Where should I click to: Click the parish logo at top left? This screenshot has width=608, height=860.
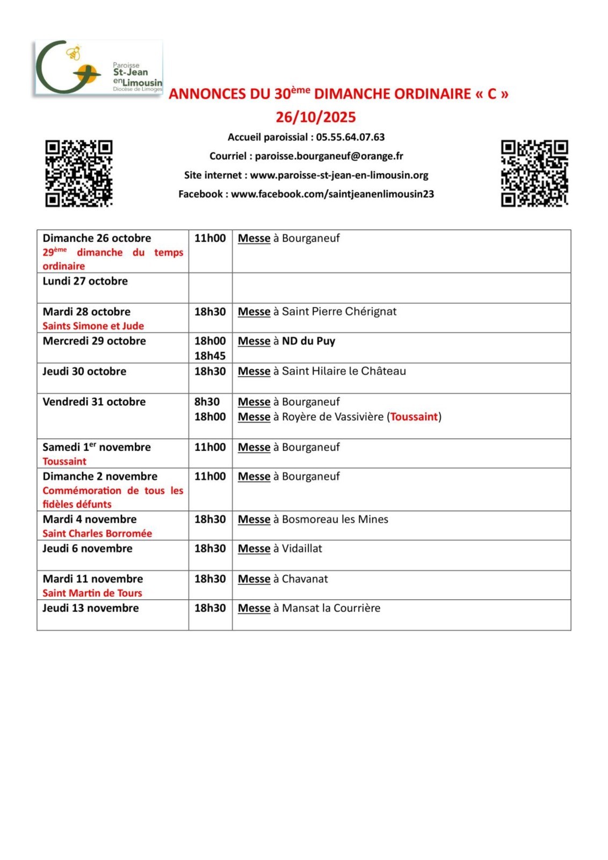98,68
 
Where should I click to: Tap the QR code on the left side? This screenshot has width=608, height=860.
79,174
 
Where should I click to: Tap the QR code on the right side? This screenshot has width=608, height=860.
534,174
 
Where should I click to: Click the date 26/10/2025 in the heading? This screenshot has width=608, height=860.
316,117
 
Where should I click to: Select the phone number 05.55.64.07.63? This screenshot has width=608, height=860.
350,137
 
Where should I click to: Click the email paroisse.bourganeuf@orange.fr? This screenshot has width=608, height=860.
329,156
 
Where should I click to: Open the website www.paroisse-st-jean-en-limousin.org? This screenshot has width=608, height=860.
339,175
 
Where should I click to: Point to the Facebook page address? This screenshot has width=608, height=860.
332,194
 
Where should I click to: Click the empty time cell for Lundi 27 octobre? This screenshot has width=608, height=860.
210,288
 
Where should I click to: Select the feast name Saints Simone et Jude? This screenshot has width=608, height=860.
93,326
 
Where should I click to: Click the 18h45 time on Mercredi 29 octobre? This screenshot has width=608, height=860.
210,356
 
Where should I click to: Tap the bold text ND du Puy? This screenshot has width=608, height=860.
308,341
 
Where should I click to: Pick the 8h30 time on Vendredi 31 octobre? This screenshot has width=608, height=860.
207,402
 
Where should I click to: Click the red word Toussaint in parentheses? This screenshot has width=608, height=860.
414,417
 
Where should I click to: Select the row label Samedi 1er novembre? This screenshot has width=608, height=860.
97,447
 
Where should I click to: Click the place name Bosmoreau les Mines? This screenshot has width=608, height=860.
335,519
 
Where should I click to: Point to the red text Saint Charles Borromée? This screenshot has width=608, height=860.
97,533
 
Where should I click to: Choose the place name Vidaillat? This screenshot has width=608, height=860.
302,549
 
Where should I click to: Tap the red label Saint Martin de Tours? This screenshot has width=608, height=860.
92,593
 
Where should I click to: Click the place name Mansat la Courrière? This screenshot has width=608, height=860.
331,608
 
